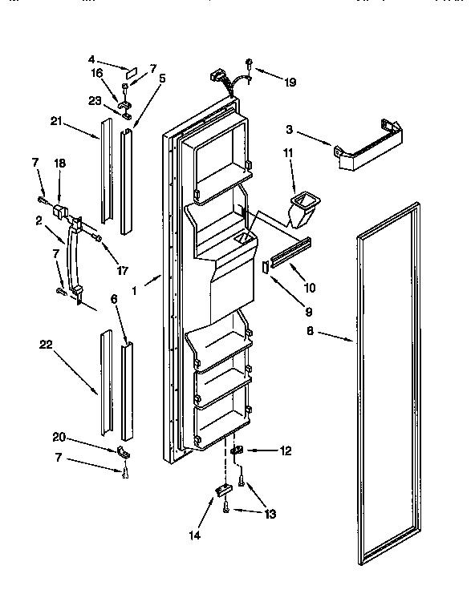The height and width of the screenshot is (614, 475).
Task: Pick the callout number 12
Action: point(284,452)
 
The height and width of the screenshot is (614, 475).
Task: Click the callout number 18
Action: point(59,163)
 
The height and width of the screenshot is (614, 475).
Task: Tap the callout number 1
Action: point(136,291)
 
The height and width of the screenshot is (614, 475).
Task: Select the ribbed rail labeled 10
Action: point(289,256)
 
